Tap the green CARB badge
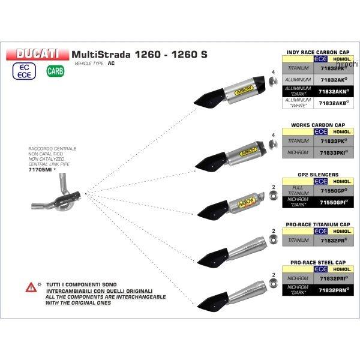(x=53, y=70)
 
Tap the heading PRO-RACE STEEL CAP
(x=319, y=263)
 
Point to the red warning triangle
(x=29, y=287)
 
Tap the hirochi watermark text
(x=350, y=63)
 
